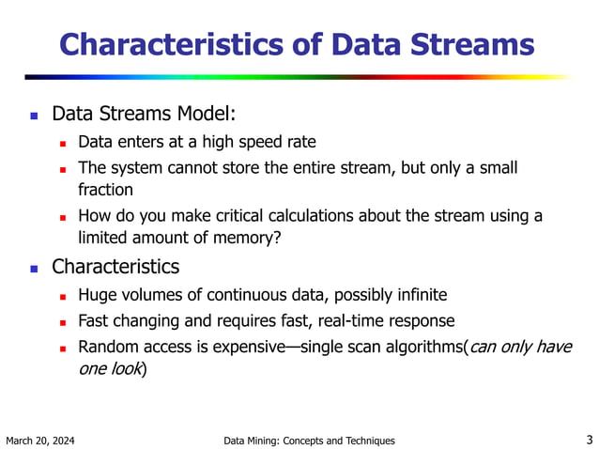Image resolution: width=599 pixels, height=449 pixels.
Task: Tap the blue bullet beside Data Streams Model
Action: coord(33,116)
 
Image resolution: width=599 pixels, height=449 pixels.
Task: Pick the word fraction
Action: coord(106,190)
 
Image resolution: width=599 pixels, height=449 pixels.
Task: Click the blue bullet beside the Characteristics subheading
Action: coord(33,268)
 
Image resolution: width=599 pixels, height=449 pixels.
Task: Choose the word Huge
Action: coord(98,296)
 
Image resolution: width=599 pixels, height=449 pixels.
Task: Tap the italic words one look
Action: coord(110,369)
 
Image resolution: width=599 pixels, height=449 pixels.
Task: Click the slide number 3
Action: coord(588,439)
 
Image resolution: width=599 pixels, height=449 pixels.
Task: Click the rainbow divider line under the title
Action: coord(299,77)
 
